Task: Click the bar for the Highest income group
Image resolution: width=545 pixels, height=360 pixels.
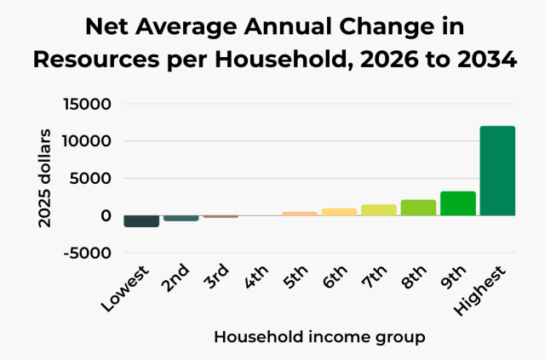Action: click(x=497, y=170)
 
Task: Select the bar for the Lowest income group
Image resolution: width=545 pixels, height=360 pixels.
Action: click(x=141, y=221)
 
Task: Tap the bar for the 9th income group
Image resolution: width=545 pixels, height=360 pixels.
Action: click(x=457, y=203)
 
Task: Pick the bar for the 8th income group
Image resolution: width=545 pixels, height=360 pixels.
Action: click(x=418, y=208)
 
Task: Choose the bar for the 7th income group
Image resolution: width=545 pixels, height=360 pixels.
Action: click(x=379, y=210)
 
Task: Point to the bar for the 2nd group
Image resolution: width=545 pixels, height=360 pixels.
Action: click(x=181, y=218)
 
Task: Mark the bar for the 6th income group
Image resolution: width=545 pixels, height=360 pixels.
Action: click(x=339, y=212)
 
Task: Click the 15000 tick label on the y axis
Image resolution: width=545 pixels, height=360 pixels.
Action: click(x=88, y=105)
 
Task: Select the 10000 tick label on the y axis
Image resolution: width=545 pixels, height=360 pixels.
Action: click(x=88, y=141)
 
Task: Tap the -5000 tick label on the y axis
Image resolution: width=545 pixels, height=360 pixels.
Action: click(x=88, y=253)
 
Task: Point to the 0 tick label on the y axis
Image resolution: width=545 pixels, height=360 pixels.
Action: click(x=106, y=216)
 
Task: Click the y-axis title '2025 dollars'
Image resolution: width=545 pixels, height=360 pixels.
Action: click(x=44, y=179)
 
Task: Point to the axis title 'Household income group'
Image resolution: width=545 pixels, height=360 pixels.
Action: click(x=319, y=337)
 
